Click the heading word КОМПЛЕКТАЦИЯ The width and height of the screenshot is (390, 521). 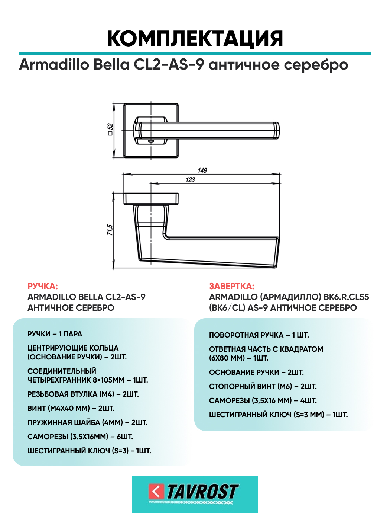point(195,38)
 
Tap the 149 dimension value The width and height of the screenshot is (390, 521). point(202,170)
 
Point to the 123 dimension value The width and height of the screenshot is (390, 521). point(190,179)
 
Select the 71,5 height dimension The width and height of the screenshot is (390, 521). point(110,230)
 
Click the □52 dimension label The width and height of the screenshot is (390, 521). point(110,130)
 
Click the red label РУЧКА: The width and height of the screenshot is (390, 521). point(43,286)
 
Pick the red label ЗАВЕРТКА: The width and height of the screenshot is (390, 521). point(231,286)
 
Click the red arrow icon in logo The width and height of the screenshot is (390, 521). point(156,492)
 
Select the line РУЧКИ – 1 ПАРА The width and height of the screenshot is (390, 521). point(55,334)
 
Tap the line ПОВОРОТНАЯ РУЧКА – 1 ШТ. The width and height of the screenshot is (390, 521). point(259,335)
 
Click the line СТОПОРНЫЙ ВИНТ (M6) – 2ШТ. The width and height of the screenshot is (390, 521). point(263,386)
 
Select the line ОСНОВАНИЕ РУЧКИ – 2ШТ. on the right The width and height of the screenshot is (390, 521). point(256,372)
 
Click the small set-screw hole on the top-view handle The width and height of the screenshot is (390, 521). point(150,141)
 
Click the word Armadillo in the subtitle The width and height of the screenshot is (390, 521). point(54,64)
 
